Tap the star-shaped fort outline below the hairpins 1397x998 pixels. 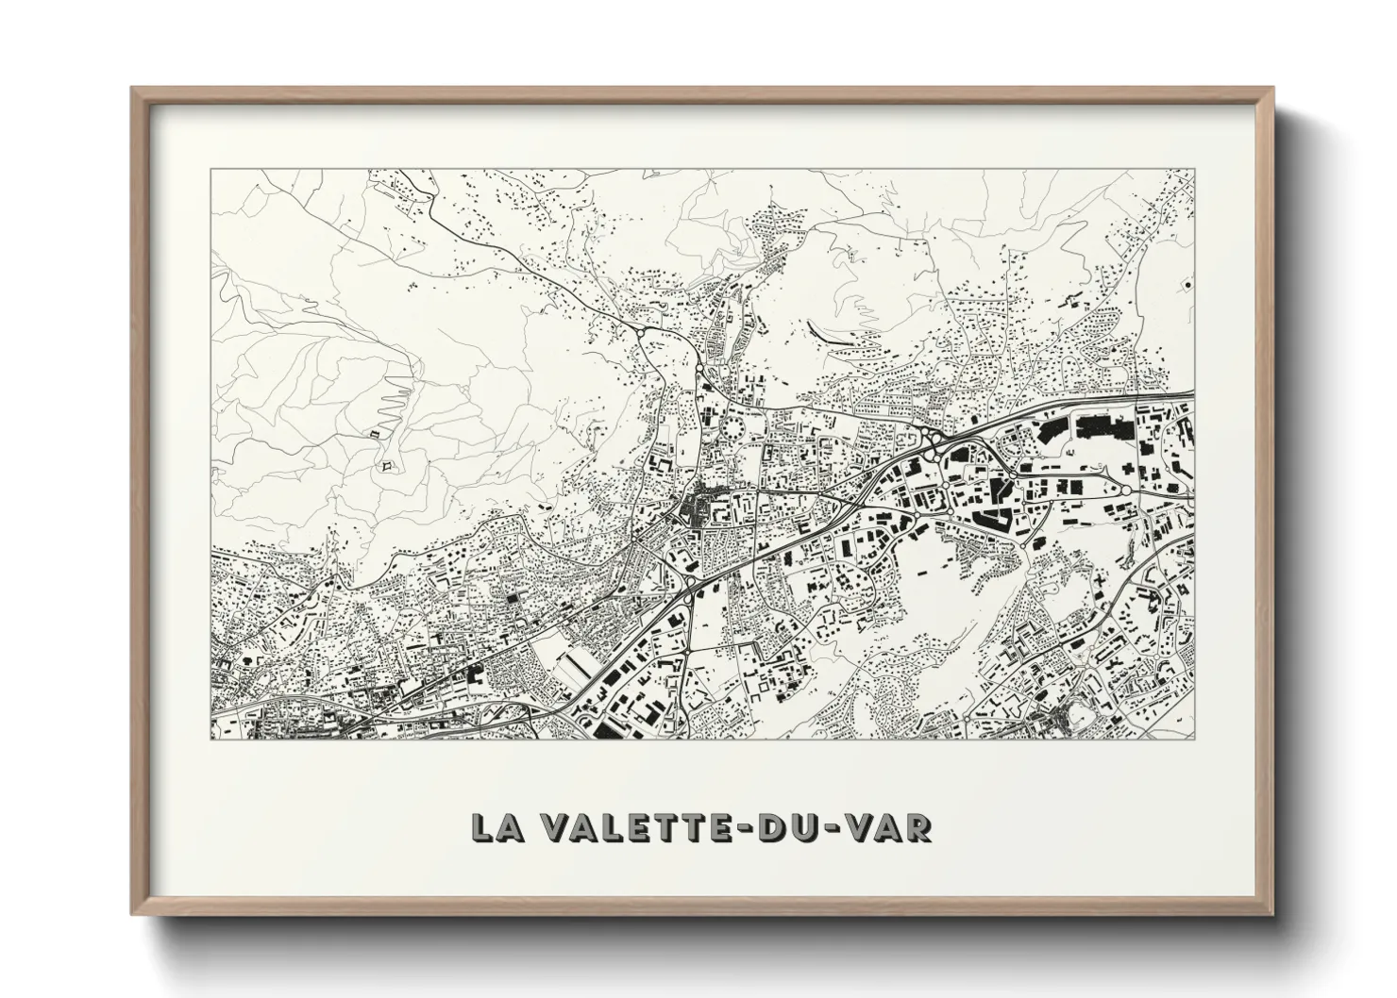click(x=386, y=465)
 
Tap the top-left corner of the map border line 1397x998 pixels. click(x=210, y=170)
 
